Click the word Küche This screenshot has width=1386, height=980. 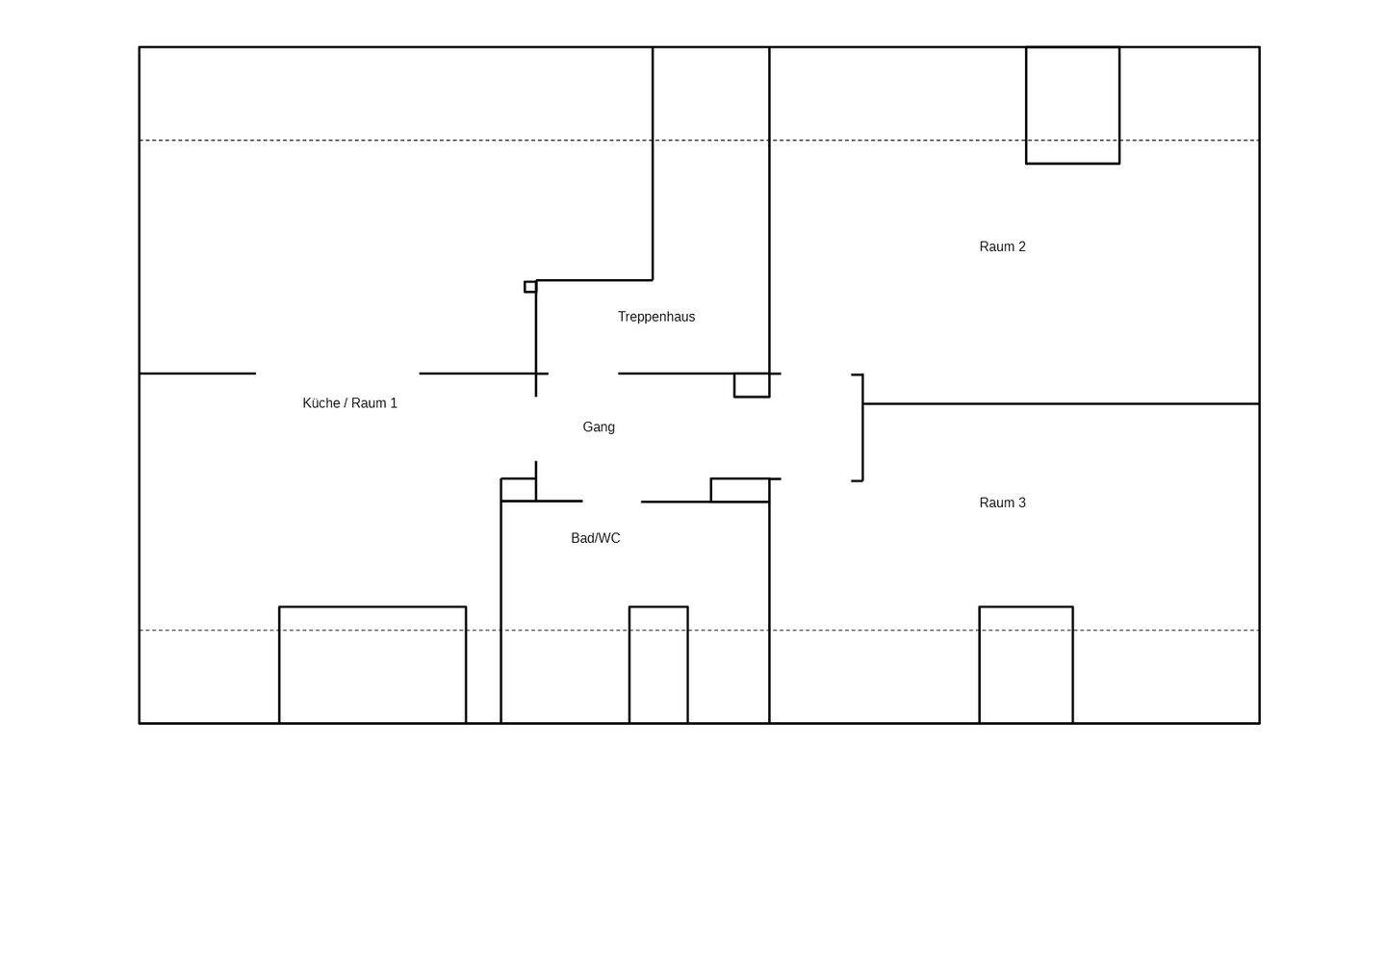321,402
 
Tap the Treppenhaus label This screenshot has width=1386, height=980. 656,317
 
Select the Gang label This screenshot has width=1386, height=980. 599,426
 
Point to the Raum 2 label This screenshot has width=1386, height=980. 1002,246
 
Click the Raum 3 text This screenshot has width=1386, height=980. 1002,503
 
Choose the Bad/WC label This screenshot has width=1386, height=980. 595,538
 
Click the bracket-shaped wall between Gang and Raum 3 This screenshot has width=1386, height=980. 862,427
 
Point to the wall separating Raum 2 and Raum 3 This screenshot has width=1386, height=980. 1061,404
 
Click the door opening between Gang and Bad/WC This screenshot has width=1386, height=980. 612,502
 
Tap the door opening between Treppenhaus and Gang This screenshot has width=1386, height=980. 583,374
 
